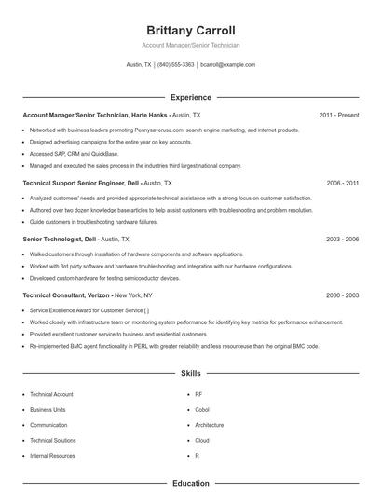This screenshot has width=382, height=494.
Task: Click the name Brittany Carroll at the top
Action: click(190, 30)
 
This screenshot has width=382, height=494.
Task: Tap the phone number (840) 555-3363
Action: click(175, 65)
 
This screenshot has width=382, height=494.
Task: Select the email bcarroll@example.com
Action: click(227, 65)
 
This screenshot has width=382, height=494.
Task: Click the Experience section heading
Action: click(190, 97)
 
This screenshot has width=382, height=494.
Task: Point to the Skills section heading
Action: click(190, 374)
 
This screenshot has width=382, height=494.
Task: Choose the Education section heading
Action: click(190, 484)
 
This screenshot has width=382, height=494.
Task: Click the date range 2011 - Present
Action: click(338, 115)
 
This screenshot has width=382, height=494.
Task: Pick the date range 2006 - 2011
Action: click(342, 184)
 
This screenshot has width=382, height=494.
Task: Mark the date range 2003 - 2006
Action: click(342, 240)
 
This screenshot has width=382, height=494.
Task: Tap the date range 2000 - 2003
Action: click(342, 295)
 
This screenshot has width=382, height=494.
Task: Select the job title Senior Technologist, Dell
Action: click(60, 240)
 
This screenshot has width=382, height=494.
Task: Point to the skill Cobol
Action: click(202, 409)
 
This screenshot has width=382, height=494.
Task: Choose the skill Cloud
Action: click(202, 440)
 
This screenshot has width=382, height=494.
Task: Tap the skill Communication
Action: click(48, 425)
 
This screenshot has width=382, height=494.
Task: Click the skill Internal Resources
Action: click(52, 456)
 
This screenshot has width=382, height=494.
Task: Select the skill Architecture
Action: click(209, 425)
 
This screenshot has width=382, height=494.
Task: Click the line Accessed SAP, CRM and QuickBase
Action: click(74, 153)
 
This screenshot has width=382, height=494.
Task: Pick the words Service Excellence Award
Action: click(67, 309)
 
